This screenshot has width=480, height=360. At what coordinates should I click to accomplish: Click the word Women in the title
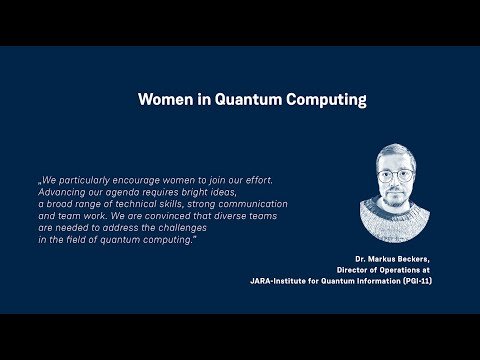(166, 99)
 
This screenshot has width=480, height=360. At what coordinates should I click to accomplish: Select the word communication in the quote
(253, 204)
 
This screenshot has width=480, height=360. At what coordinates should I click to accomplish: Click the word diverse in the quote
(230, 216)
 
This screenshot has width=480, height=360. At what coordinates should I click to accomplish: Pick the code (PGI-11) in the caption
(417, 281)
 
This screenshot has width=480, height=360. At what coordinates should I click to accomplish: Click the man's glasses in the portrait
(395, 176)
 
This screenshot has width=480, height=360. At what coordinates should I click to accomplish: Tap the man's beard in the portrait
(396, 198)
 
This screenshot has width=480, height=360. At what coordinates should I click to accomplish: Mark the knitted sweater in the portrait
(395, 222)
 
